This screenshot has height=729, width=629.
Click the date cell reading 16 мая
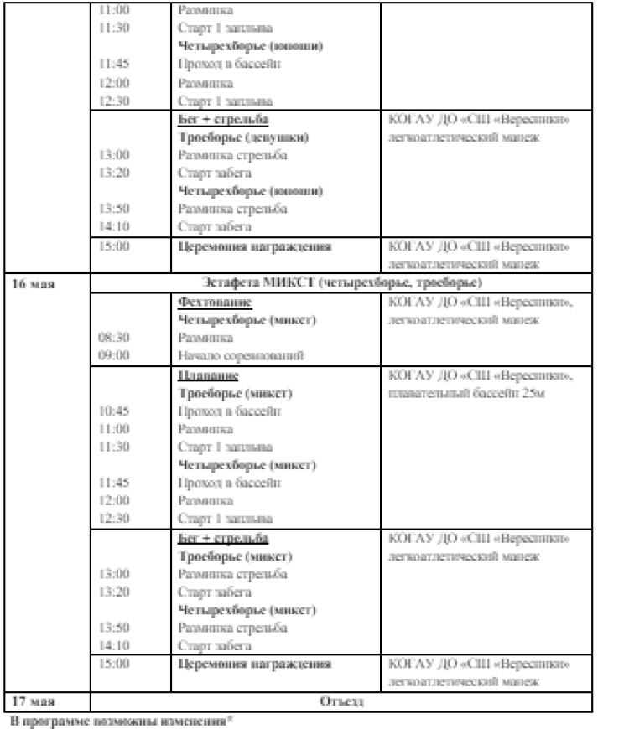point(33,282)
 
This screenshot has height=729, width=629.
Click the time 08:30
point(113,338)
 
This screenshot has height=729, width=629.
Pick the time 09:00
point(113,355)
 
